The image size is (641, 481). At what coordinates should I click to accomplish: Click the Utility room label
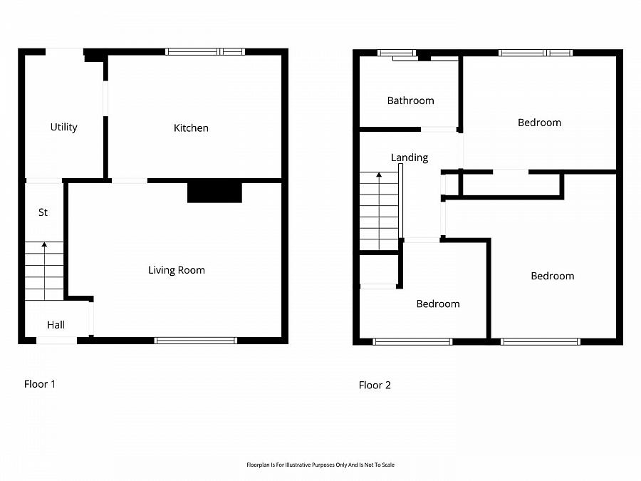[x=63, y=128]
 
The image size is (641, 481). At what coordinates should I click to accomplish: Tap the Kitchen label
[x=191, y=128]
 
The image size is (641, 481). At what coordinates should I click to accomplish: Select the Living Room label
[x=176, y=270]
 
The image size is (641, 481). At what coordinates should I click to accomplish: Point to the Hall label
[x=56, y=325]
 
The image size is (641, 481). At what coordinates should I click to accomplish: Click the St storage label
[x=43, y=212]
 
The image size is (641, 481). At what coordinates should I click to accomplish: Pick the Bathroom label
[x=410, y=100]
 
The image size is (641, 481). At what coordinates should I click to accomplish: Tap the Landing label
[x=410, y=157]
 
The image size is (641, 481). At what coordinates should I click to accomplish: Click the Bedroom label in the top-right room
[x=539, y=123]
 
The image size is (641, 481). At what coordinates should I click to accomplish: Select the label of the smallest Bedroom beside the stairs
[x=437, y=304]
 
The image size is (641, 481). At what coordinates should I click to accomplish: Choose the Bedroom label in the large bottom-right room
[x=552, y=276]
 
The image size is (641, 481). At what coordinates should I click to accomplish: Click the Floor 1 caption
[x=40, y=384]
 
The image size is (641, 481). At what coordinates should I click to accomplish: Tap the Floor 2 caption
[x=375, y=386]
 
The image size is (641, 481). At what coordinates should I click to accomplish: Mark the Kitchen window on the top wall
[x=204, y=51]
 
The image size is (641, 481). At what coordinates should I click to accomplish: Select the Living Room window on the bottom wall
[x=196, y=341]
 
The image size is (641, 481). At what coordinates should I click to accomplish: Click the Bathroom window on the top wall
[x=396, y=52]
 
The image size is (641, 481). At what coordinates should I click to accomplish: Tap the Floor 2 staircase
[x=379, y=211]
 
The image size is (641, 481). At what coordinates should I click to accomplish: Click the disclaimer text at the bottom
[x=320, y=465]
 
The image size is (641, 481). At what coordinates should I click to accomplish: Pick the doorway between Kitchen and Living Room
[x=130, y=180]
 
